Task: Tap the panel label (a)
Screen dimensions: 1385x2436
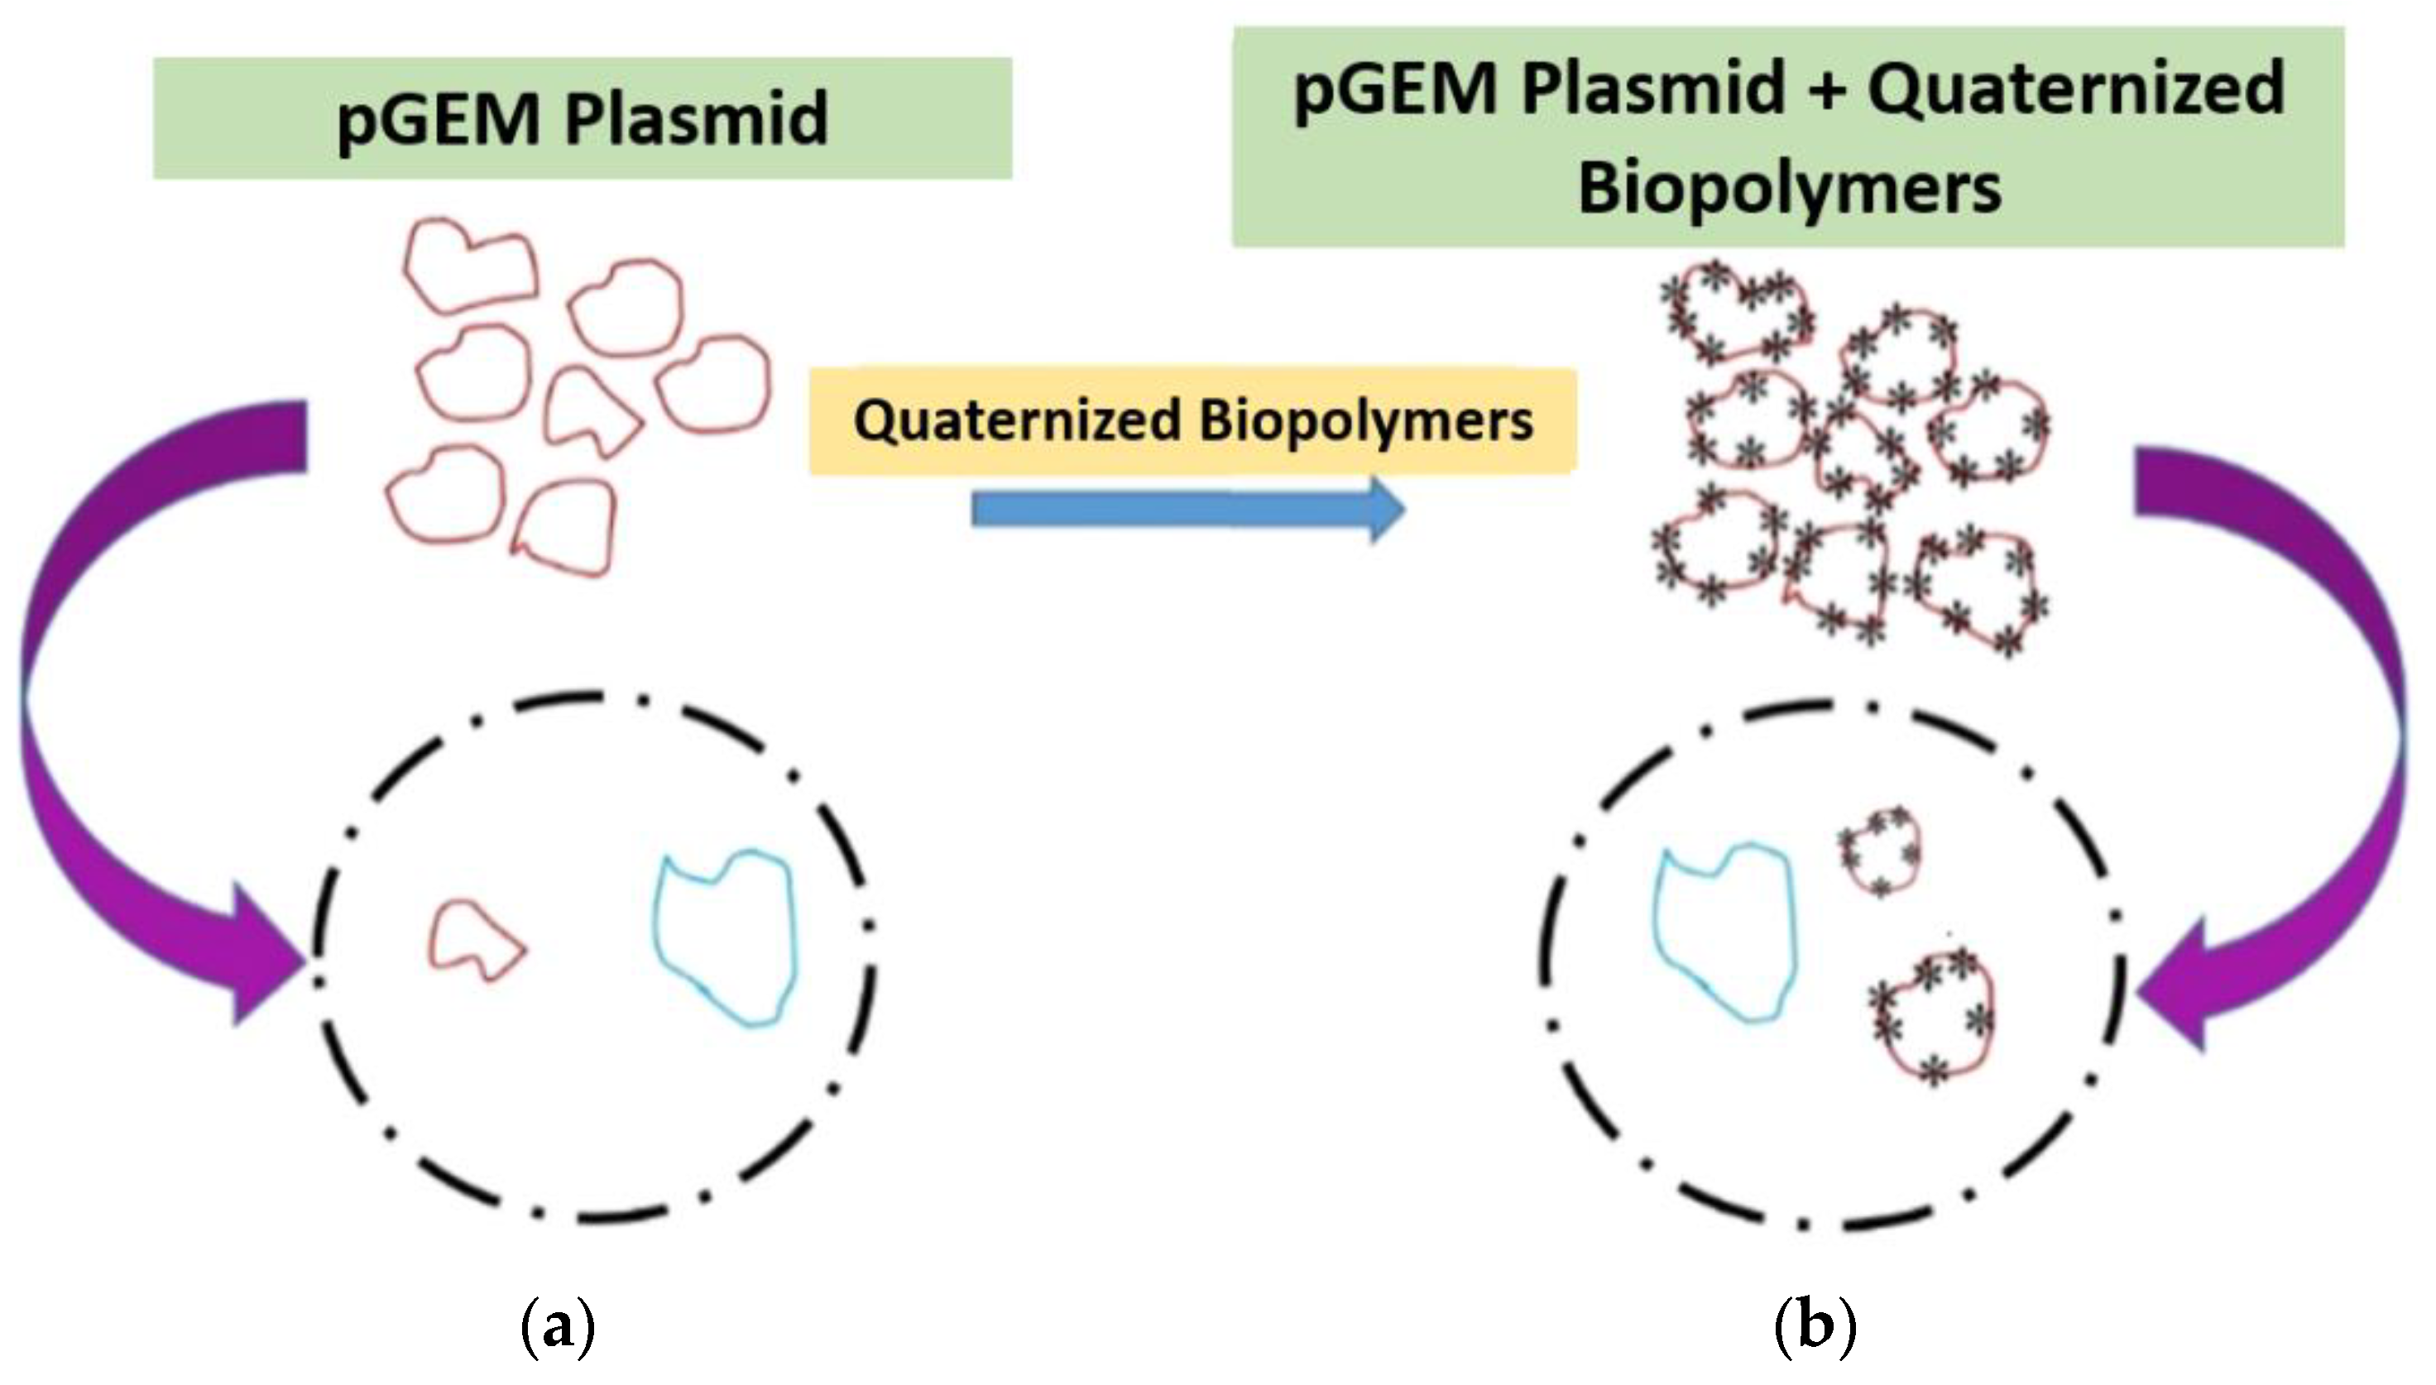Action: pos(559,1326)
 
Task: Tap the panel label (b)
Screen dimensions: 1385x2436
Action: pos(1814,1326)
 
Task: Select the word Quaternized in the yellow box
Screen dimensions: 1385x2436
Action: pos(1017,421)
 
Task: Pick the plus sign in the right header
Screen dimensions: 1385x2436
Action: pos(1825,91)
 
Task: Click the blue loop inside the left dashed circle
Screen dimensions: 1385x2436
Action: pos(725,937)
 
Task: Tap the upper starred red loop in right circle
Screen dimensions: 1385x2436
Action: pos(1877,850)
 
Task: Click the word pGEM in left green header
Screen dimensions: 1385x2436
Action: pos(438,122)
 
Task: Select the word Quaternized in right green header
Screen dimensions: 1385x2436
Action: pos(2074,89)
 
